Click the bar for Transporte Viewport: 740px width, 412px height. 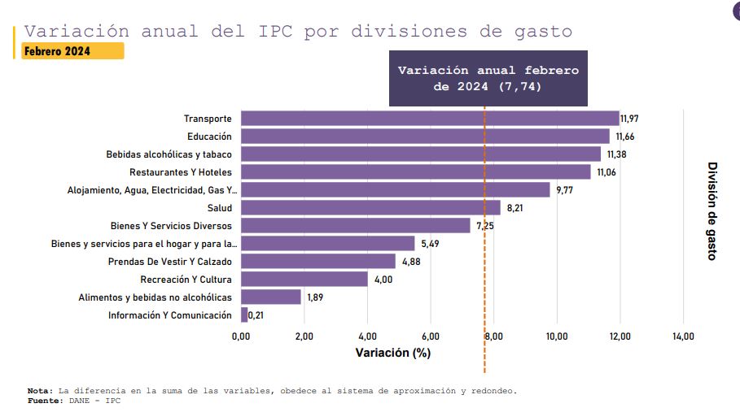coord(430,119)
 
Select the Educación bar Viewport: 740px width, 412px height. coord(425,137)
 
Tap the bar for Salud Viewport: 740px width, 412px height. coord(370,208)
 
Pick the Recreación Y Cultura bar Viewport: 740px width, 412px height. coord(304,280)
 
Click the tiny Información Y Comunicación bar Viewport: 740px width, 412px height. coord(244,315)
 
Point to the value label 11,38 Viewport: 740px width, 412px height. coord(616,154)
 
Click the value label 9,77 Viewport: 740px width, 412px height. coord(565,190)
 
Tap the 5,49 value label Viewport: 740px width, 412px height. coord(430,244)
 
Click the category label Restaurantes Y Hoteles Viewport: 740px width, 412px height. coord(181,172)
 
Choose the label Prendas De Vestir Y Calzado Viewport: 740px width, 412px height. coord(170,262)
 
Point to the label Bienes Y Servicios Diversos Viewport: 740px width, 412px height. coord(171,226)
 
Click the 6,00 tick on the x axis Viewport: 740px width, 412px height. coord(431,336)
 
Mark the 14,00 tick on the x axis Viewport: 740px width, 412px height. coord(683,336)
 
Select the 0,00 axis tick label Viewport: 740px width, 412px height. coord(241,336)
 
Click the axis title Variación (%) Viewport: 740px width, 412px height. coord(393,353)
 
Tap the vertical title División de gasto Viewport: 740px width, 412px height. coord(712,210)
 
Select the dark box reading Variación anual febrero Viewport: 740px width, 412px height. coord(488,78)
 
